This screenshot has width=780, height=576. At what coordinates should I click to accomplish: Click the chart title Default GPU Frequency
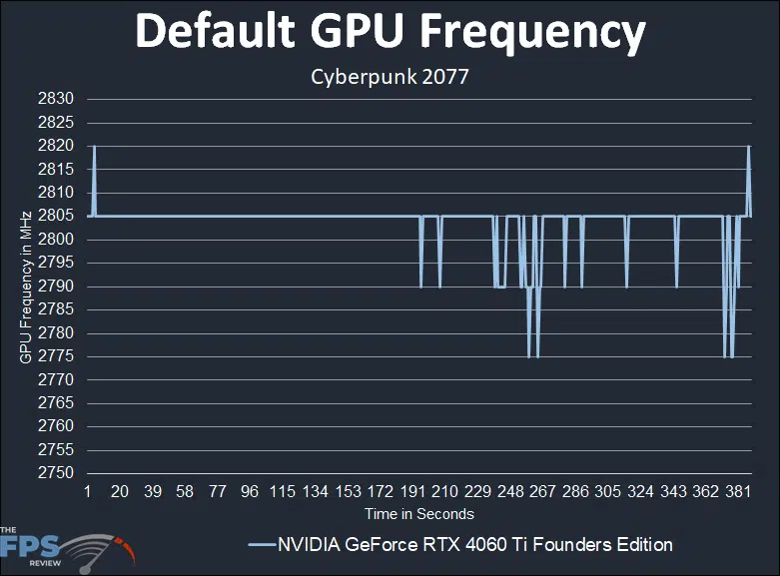390,33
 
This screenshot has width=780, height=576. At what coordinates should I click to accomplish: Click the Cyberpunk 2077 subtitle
390,77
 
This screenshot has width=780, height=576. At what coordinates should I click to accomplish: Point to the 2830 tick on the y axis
56,99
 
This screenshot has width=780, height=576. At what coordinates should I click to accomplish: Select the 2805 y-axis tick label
56,216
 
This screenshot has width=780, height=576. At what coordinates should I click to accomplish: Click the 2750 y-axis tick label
56,473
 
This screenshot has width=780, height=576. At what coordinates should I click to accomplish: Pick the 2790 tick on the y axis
56,287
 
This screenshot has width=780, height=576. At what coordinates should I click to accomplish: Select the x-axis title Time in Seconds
418,514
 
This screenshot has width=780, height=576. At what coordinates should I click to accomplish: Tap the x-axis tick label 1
88,493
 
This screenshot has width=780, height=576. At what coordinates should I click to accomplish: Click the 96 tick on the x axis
250,493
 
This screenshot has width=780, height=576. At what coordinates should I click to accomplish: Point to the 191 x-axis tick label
411,493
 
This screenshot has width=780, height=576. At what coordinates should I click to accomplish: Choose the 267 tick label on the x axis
542,493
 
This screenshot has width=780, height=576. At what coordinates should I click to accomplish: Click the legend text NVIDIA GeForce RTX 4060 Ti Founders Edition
475,544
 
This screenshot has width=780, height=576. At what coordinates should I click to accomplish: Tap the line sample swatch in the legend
260,545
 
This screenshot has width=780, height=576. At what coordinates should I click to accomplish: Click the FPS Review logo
66,547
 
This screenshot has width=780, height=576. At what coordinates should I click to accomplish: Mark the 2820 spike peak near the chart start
94,146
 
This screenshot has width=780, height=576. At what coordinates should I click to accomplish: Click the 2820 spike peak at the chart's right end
748,146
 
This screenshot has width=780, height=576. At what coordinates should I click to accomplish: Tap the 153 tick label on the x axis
348,493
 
